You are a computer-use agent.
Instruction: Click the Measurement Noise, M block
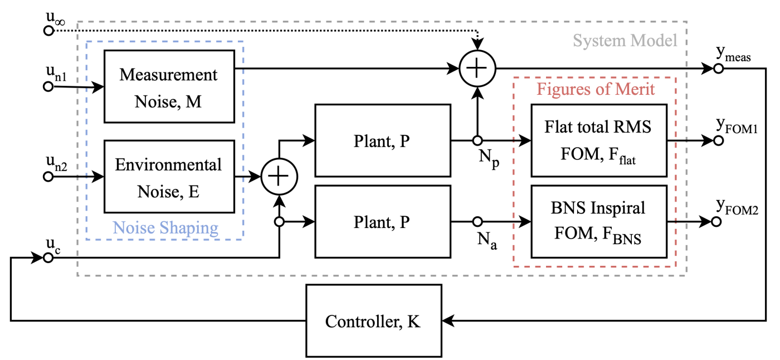[x=169, y=86]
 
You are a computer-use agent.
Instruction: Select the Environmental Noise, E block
[x=169, y=177]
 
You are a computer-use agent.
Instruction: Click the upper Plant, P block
[x=382, y=141]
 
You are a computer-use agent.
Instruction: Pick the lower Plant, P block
[x=382, y=222]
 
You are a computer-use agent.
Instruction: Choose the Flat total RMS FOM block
[x=599, y=141]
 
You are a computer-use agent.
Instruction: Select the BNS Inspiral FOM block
[x=599, y=222]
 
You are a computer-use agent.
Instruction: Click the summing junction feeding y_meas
[x=477, y=69]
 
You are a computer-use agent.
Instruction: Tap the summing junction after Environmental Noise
[x=280, y=177]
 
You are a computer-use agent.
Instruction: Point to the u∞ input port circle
[x=48, y=31]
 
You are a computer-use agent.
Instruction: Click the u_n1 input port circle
[x=48, y=86]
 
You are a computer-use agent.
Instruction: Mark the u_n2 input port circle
[x=48, y=177]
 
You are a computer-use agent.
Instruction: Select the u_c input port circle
[x=48, y=257]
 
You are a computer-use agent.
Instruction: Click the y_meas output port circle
[x=718, y=69]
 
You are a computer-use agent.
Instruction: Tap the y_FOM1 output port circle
[x=718, y=141]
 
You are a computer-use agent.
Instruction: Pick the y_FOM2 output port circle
[x=718, y=222]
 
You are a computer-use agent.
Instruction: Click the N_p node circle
[x=477, y=141]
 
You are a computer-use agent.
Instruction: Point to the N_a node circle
[x=477, y=222]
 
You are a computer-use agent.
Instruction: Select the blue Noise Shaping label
[x=165, y=227]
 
